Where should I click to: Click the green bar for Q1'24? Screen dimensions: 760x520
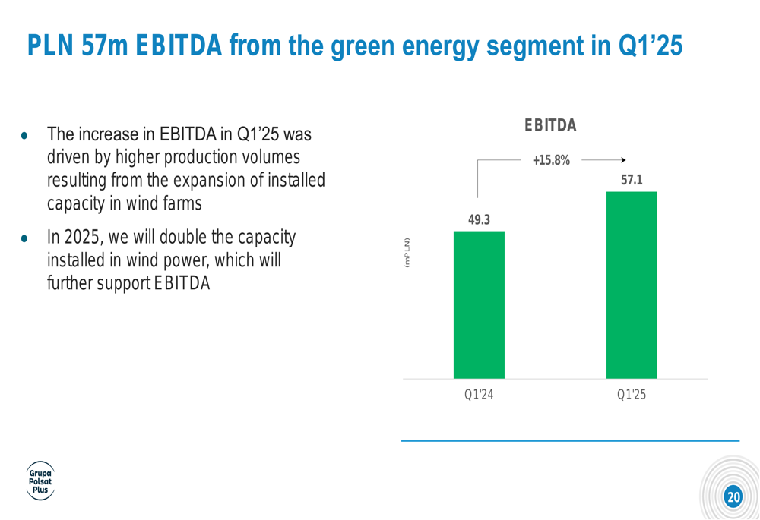tap(479, 304)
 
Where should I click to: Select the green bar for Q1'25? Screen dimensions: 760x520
tap(632, 285)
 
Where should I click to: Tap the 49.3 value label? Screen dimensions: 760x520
tap(479, 220)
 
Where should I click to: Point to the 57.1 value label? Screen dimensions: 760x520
tap(632, 180)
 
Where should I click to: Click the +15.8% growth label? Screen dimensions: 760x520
tap(551, 160)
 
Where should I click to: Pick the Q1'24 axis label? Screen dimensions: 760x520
tap(479, 395)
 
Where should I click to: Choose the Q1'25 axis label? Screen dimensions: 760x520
tap(632, 395)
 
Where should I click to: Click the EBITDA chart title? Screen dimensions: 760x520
tap(550, 125)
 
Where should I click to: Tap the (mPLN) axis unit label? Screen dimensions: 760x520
tap(407, 253)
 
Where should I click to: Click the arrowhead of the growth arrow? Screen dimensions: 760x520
tap(624, 159)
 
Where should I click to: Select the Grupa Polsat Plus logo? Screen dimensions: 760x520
tap(40, 481)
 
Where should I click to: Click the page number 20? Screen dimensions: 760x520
tap(733, 496)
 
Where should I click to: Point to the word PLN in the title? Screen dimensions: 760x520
tap(50, 46)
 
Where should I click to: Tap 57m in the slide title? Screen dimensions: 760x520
tap(105, 46)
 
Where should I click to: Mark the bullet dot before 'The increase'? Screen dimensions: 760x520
tap(24, 136)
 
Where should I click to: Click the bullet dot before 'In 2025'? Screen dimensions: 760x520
tap(24, 238)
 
